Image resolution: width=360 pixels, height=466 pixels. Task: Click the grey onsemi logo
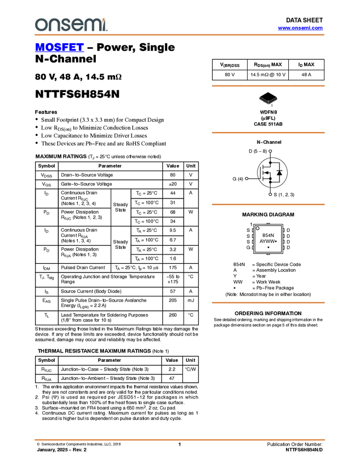tap(68, 25)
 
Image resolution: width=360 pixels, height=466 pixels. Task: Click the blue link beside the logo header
tap(300, 28)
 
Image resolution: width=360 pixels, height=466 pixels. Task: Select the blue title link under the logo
tap(59, 48)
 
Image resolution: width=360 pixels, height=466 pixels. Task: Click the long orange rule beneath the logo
tap(180, 35)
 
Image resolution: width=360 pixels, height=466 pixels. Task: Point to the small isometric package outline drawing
tap(268, 100)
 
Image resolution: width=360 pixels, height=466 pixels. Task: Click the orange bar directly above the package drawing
tap(268, 86)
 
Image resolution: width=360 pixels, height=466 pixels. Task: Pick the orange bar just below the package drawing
tap(268, 133)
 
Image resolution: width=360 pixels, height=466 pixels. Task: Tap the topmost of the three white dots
tap(270, 151)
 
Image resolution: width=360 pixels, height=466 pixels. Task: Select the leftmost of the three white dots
tap(247, 178)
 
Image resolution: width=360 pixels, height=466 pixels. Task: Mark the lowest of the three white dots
tap(270, 194)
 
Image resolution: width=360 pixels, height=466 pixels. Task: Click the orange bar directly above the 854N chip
tap(268, 204)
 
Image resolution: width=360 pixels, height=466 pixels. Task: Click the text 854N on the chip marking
tap(268, 235)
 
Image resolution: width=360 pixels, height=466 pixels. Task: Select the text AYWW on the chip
tap(267, 241)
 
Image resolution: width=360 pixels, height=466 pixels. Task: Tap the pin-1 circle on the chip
tap(258, 228)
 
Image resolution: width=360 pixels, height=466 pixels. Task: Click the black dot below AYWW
tap(268, 247)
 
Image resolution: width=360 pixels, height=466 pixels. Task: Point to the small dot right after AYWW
tap(276, 241)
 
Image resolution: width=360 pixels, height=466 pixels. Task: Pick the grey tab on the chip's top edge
tap(268, 224)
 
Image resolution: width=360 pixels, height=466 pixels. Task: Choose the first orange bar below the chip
tap(268, 303)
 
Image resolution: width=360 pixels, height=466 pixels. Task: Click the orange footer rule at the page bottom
tap(180, 440)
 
